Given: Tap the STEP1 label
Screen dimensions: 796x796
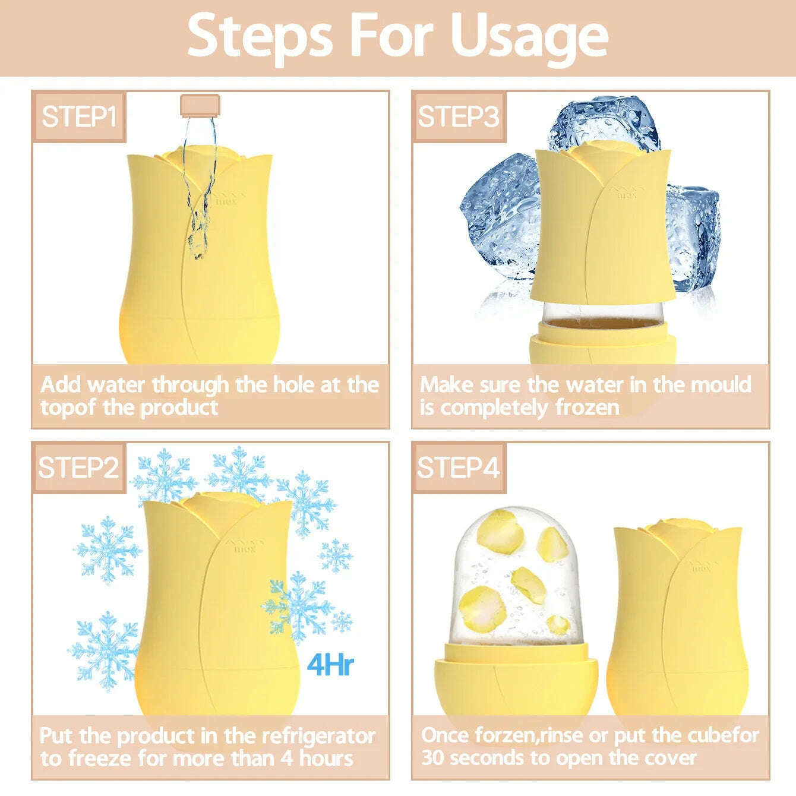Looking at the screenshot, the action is click(78, 116).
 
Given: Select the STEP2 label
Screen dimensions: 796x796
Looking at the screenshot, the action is click(78, 468).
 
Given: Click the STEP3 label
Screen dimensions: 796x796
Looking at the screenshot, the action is click(459, 116).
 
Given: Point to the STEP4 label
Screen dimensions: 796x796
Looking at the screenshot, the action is click(459, 468).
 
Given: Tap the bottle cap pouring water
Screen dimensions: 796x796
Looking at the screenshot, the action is click(200, 105).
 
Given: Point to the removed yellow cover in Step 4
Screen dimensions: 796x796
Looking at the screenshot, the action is click(677, 620).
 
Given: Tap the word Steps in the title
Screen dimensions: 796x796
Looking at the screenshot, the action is click(260, 39).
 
